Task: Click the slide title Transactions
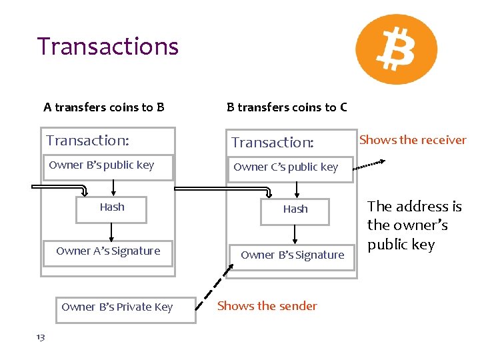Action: (108, 46)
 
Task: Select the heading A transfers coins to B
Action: (104, 107)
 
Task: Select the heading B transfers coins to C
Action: (287, 107)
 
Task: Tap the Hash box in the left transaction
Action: (112, 208)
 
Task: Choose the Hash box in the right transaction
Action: (295, 209)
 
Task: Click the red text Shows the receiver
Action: (413, 140)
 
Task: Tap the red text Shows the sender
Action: (267, 306)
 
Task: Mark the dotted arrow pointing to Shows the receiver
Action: (371, 162)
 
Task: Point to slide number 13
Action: (41, 337)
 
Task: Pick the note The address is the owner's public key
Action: (413, 225)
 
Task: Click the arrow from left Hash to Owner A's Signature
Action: (111, 231)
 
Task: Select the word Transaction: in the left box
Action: (87, 140)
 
